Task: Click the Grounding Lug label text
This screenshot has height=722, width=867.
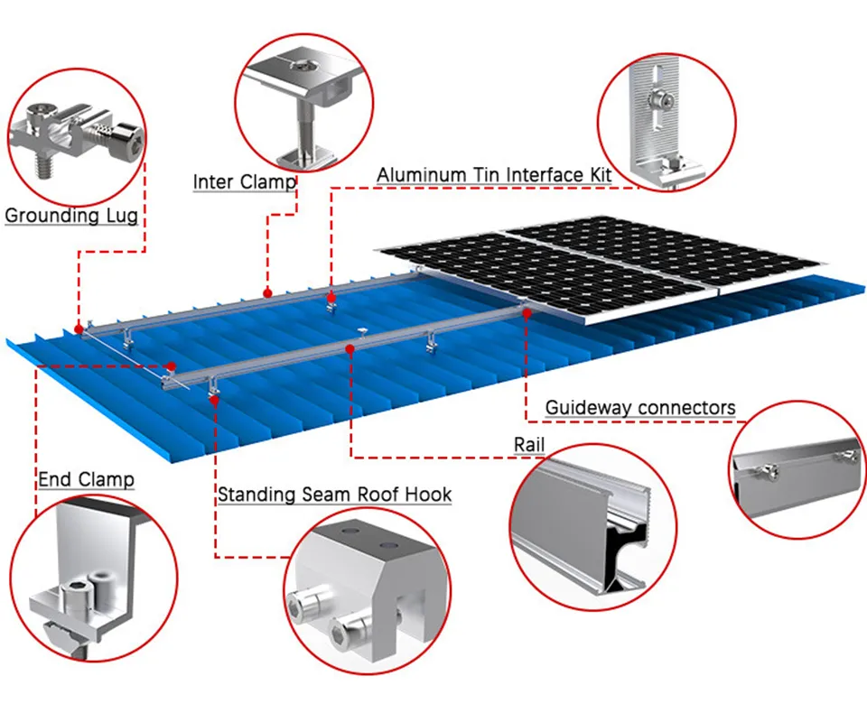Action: (71, 216)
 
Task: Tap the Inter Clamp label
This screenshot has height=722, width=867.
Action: (245, 182)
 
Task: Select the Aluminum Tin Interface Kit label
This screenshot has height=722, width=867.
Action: (494, 174)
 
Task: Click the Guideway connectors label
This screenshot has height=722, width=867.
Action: (639, 408)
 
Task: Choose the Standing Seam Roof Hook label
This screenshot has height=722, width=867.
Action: (334, 495)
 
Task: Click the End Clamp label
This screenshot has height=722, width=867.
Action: (86, 479)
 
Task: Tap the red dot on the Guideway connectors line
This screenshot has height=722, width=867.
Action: (527, 312)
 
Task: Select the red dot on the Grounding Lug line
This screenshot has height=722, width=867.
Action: (79, 328)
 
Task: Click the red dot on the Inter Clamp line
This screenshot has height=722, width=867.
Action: (267, 292)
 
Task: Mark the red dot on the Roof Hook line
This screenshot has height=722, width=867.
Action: (215, 397)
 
